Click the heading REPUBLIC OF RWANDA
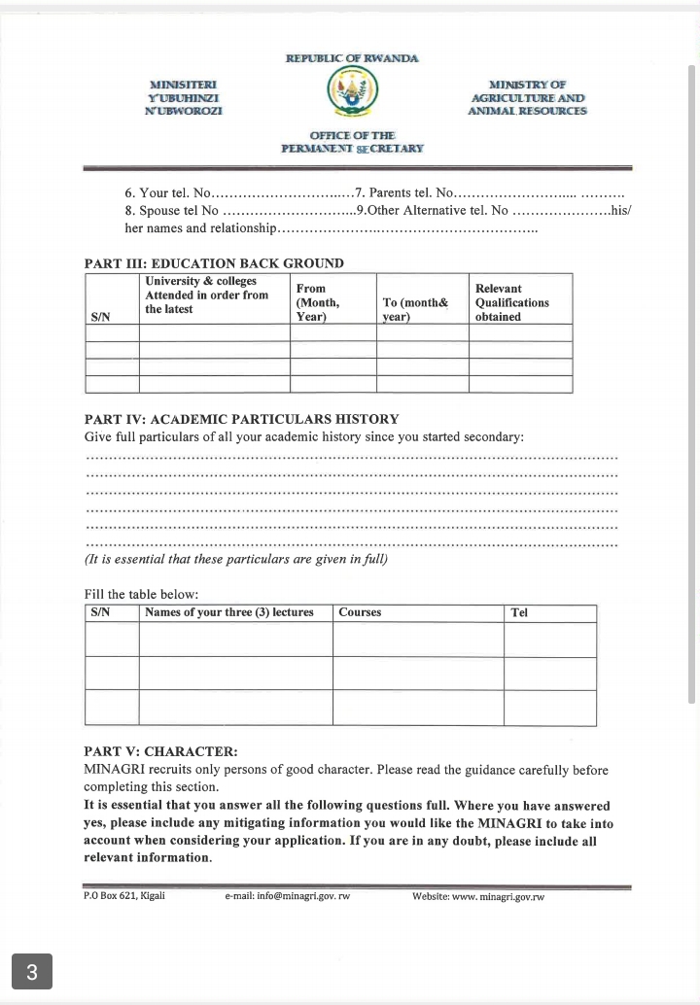(x=352, y=58)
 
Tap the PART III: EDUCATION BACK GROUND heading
(x=214, y=263)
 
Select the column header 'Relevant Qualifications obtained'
(x=512, y=302)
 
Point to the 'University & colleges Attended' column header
(x=206, y=295)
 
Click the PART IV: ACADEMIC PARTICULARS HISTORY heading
(x=241, y=419)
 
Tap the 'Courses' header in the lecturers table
(x=360, y=612)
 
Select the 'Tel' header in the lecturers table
(x=519, y=612)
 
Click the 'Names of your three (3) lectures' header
(x=229, y=612)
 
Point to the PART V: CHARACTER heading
(x=160, y=751)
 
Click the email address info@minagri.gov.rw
(x=287, y=896)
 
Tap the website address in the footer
(x=478, y=896)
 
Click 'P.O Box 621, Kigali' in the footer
(x=124, y=895)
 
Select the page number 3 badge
(x=32, y=971)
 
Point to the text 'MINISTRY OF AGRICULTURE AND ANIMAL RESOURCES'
(x=528, y=98)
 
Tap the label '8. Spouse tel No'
(x=171, y=210)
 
